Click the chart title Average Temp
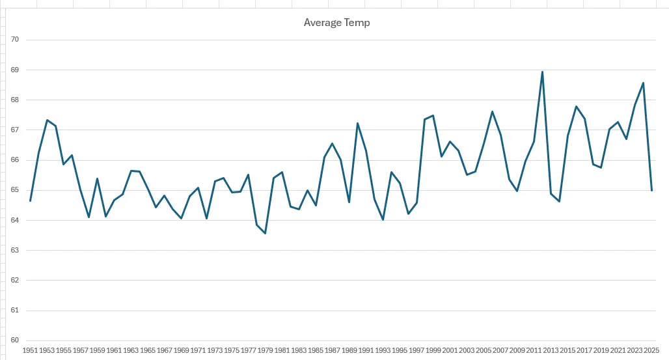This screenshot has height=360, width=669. [336, 23]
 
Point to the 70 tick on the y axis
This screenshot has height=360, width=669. [15, 40]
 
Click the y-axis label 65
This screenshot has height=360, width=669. [15, 190]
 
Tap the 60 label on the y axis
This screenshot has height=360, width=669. [15, 340]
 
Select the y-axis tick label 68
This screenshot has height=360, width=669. [15, 100]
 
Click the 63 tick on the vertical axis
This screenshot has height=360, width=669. [15, 250]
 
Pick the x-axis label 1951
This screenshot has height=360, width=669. [30, 350]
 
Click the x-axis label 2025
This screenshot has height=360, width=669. [652, 350]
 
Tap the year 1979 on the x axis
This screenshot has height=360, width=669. [266, 350]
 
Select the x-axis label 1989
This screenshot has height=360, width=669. [349, 350]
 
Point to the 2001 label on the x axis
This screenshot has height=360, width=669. [450, 350]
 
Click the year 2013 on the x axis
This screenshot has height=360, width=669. [551, 350]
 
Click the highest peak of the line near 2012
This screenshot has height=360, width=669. [543, 72]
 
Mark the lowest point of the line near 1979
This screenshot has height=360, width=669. [266, 233]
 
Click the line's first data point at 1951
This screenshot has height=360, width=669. [31, 201]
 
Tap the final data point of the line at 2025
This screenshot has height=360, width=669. [652, 190]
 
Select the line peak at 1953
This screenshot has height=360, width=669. [48, 120]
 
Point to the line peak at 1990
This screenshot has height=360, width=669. [358, 123]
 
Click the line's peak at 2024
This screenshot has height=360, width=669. [643, 83]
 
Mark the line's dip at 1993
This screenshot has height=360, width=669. [383, 219]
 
